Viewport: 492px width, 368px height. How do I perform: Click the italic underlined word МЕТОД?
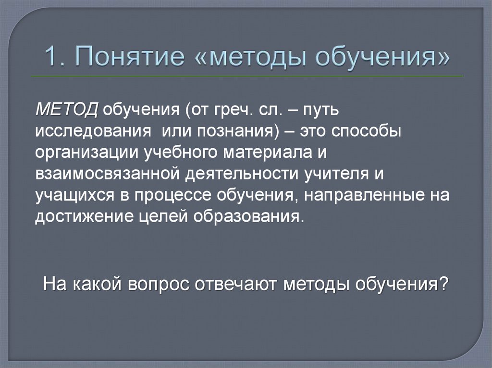click(x=66, y=109)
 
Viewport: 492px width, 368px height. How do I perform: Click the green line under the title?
click(x=246, y=76)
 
